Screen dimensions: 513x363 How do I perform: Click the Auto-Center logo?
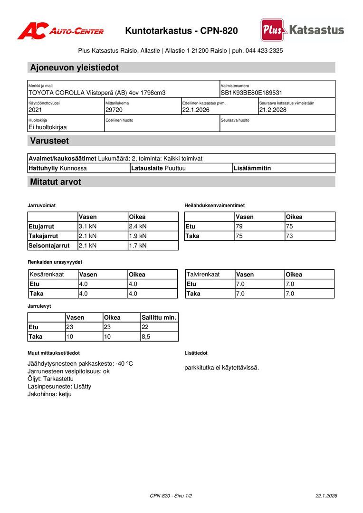[x=60, y=31]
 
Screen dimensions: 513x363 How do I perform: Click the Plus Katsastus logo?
[x=302, y=30]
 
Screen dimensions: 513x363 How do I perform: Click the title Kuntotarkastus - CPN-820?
[x=181, y=31]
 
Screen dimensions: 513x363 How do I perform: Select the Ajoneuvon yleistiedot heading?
[x=74, y=67]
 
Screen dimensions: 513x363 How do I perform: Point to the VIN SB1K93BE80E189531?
[x=251, y=93]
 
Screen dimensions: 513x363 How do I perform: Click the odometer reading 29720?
[x=114, y=110]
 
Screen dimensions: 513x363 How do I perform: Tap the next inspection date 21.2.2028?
[x=273, y=110]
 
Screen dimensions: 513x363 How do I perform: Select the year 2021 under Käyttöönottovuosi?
[x=36, y=110]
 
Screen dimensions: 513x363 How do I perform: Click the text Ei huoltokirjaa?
[x=48, y=127]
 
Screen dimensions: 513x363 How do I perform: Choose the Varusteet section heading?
[x=49, y=141]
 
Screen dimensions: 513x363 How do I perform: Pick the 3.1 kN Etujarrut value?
[x=87, y=226]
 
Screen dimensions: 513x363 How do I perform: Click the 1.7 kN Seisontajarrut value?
[x=138, y=246]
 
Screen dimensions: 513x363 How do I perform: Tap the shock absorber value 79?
[x=239, y=226]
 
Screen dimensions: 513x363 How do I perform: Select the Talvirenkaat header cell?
[x=203, y=275]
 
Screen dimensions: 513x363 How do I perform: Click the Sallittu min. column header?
[x=159, y=317]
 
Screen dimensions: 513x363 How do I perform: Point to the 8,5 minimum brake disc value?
[x=146, y=336]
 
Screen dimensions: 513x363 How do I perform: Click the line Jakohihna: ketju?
[x=49, y=394]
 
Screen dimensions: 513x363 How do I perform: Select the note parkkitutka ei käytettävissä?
[x=221, y=367]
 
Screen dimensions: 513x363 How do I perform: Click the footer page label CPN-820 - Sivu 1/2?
[x=171, y=495]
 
